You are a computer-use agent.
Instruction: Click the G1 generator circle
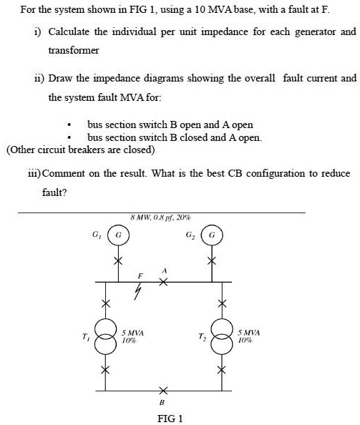(x=120, y=234)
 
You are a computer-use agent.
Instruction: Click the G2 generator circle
(x=212, y=234)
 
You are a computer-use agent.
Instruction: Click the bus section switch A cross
(x=163, y=283)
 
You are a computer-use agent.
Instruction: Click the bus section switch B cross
(x=163, y=391)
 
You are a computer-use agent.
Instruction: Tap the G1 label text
(x=97, y=233)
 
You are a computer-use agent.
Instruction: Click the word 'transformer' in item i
(x=72, y=51)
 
